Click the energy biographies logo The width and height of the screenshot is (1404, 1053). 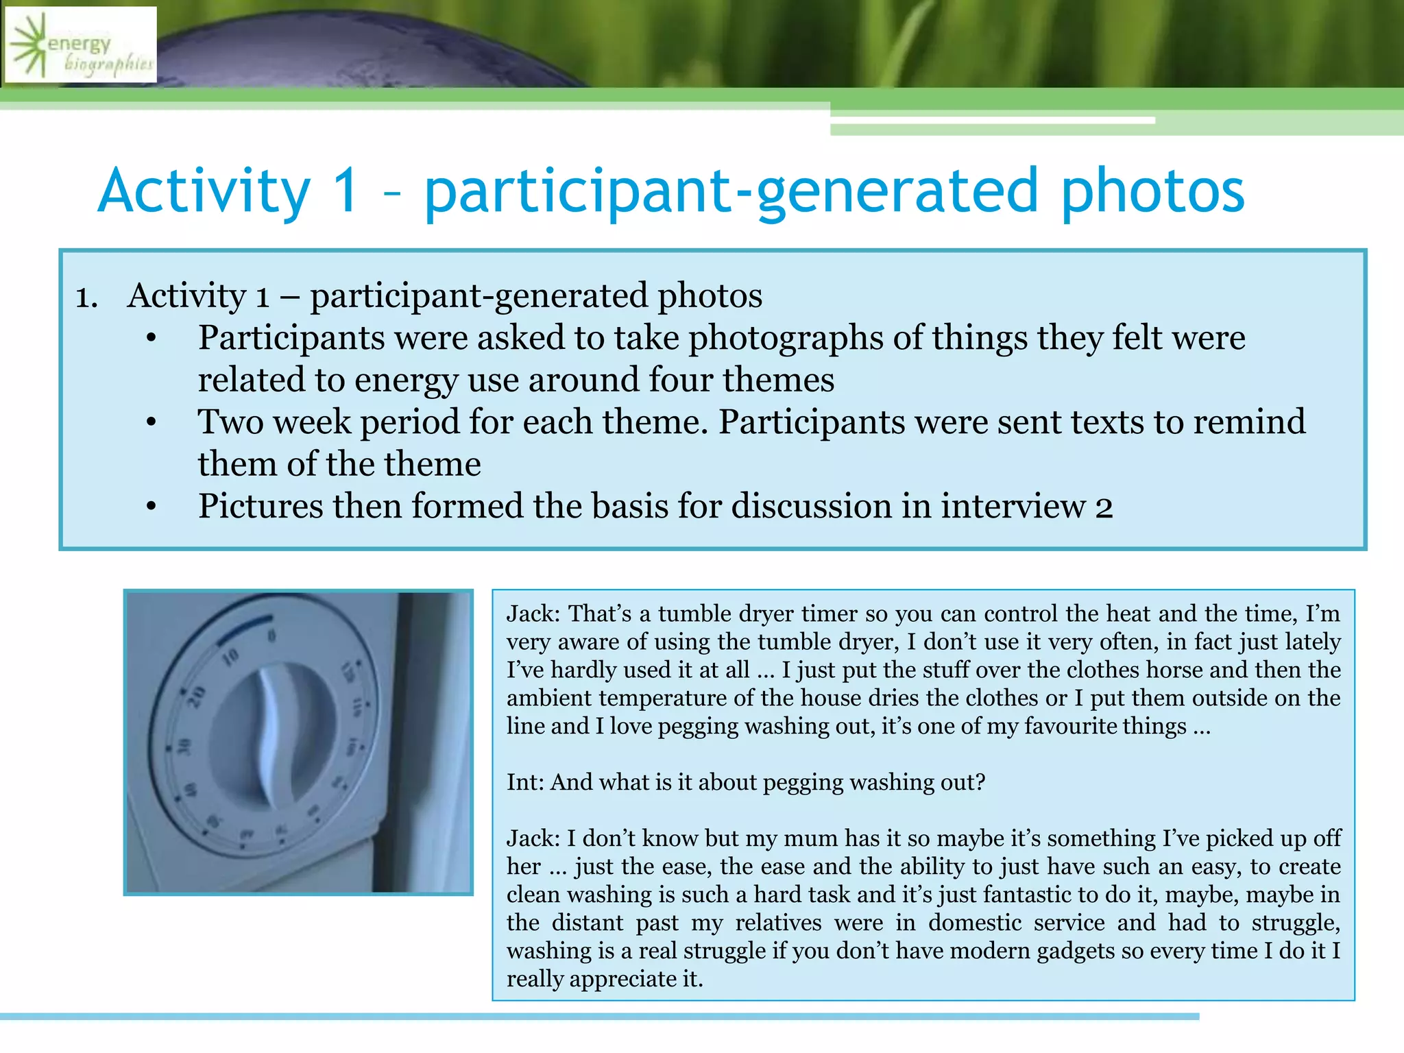click(x=81, y=45)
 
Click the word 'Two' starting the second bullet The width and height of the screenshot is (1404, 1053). click(x=230, y=422)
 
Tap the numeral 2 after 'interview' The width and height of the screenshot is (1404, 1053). click(x=1104, y=507)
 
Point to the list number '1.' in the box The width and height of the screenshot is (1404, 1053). click(x=87, y=298)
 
